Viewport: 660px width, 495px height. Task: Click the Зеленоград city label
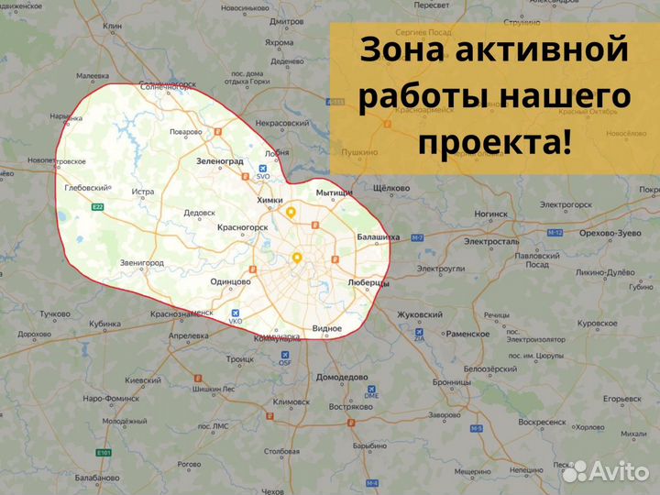(x=220, y=160)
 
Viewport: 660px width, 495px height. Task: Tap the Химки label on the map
(x=270, y=200)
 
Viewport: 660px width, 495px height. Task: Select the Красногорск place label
(x=242, y=226)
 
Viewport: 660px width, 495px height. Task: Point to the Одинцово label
(x=230, y=281)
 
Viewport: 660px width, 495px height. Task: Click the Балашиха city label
(x=378, y=237)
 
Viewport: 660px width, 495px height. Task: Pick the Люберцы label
(x=369, y=283)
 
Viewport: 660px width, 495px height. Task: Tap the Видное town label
(x=326, y=328)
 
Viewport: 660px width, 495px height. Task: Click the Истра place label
(x=143, y=192)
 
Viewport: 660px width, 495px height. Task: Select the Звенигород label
(x=142, y=263)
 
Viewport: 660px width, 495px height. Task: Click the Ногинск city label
(x=491, y=214)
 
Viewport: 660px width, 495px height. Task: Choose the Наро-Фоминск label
(x=110, y=399)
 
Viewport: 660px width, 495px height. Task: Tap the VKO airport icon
(x=236, y=313)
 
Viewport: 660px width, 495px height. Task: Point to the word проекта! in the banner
(x=494, y=142)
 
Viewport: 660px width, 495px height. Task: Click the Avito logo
(x=605, y=470)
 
